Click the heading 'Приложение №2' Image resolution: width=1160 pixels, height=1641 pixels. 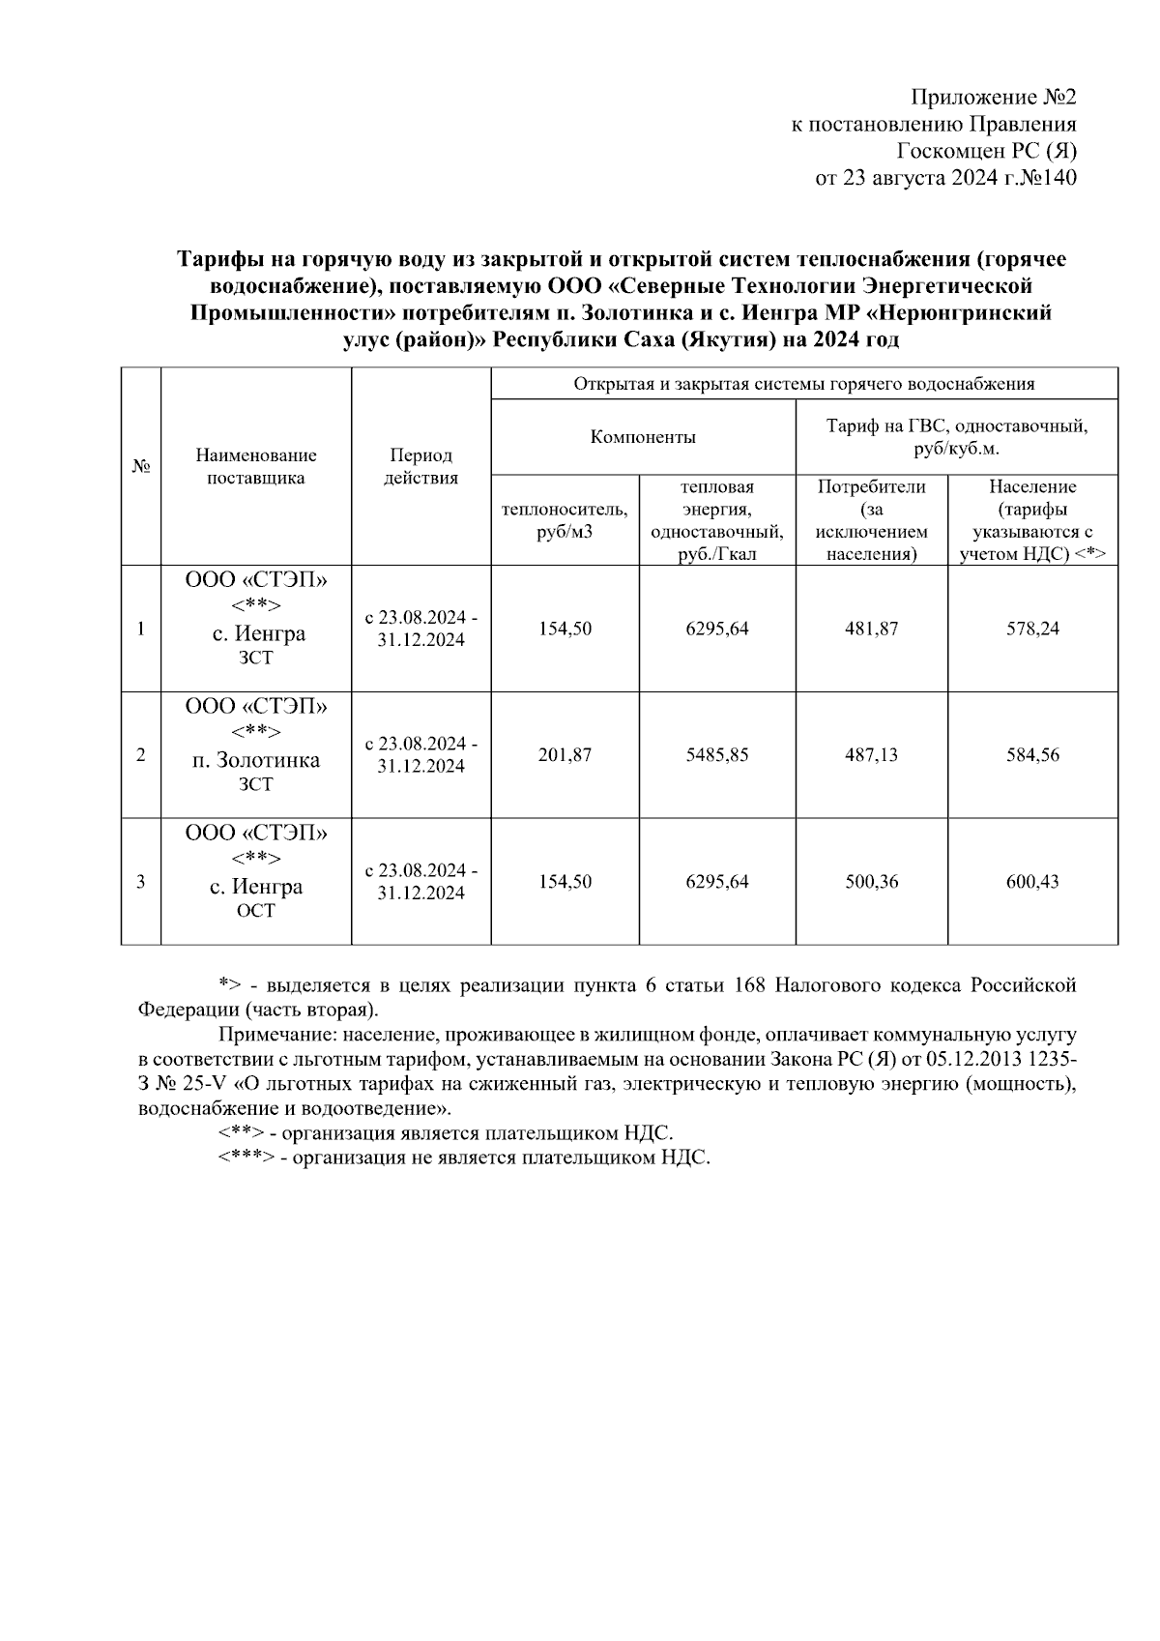click(993, 98)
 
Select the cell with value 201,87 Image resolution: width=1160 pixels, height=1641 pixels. click(565, 754)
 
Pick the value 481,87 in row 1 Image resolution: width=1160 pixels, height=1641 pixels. click(871, 629)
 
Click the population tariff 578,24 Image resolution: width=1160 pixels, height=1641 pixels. click(1032, 629)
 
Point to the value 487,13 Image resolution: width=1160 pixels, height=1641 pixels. click(871, 754)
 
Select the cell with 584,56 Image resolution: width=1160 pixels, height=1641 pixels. click(1032, 754)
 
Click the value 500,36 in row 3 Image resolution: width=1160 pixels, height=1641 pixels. click(871, 882)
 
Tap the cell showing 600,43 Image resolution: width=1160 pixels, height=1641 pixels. click(1032, 882)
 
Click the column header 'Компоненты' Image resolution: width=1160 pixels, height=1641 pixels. click(643, 437)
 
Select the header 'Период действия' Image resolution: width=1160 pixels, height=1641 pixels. click(420, 466)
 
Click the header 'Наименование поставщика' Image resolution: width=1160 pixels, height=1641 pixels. click(255, 466)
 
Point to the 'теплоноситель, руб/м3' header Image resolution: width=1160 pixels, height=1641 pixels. click(565, 520)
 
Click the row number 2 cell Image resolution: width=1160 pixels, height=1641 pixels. click(141, 754)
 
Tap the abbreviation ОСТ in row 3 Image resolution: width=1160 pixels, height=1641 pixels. click(255, 911)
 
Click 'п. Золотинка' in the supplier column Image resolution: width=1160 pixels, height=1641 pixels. click(255, 760)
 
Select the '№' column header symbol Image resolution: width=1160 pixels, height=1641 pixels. click(141, 466)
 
